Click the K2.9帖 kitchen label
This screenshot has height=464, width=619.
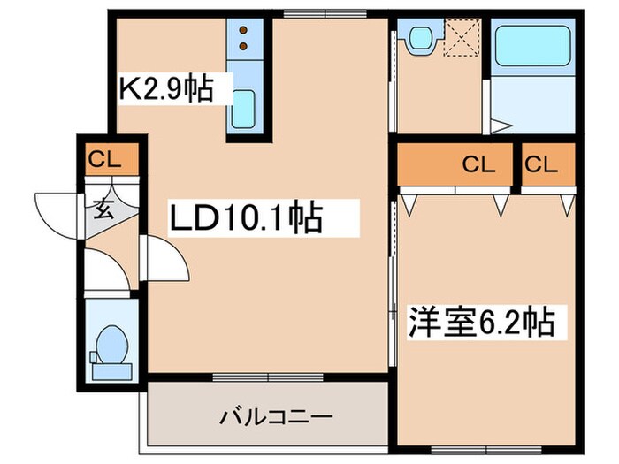pyautogui.click(x=166, y=88)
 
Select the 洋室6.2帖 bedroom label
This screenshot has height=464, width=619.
pyautogui.click(x=480, y=321)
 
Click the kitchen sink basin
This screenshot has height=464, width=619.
pyautogui.click(x=244, y=108)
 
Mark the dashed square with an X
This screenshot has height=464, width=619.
pyautogui.click(x=462, y=37)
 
